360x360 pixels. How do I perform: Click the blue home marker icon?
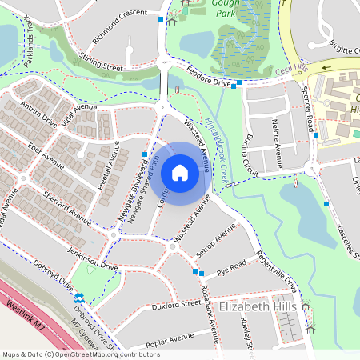[180, 173]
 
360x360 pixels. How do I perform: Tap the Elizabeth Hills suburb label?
[257, 306]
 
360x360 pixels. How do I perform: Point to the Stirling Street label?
[102, 63]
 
